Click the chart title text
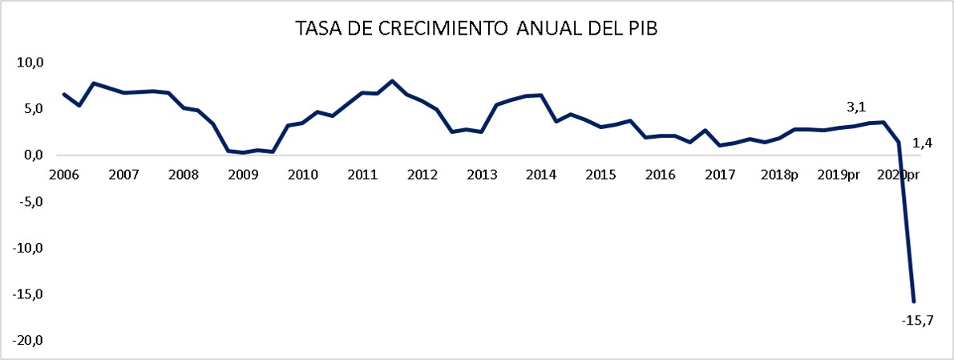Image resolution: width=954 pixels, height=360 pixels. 476,29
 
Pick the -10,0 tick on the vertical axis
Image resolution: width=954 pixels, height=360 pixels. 28,249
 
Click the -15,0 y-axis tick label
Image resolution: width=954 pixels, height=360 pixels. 28,295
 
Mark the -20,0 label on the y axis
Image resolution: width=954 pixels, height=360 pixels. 28,342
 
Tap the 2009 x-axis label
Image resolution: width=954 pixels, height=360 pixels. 242,175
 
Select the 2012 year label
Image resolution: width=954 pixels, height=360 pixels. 421,175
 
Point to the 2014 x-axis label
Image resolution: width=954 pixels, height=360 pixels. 540,175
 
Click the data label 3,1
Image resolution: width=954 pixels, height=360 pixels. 857,106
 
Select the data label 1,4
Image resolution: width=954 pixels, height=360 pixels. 923,143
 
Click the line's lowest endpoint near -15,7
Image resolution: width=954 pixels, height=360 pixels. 914,301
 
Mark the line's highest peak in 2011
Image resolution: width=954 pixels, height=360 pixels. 392,81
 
